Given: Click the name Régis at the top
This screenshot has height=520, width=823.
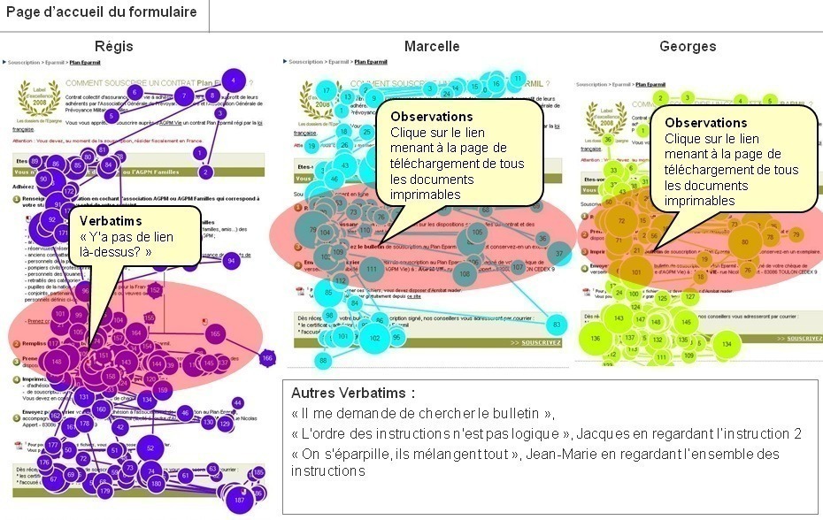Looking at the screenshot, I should click(113, 46).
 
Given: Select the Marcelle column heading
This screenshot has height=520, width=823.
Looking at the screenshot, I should click(432, 46).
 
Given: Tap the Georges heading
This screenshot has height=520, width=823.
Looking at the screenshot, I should click(688, 46).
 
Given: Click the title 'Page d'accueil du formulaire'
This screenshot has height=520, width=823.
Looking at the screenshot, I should click(102, 11).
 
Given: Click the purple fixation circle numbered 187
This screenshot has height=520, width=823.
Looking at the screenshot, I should click(239, 500).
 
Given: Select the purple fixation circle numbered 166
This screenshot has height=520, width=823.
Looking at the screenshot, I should click(267, 358).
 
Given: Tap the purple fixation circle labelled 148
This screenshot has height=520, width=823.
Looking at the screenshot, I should click(57, 361).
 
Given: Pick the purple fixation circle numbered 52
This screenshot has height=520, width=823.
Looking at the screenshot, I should click(150, 448).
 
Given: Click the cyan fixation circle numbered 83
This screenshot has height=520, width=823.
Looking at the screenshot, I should click(556, 324).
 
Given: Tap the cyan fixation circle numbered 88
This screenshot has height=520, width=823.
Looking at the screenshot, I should click(324, 361).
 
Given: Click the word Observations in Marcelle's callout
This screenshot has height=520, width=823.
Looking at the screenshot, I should click(431, 117).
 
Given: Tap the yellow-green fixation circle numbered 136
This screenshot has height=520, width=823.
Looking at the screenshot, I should click(596, 338).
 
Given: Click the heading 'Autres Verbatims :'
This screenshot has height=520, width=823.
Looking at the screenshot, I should click(352, 394).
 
